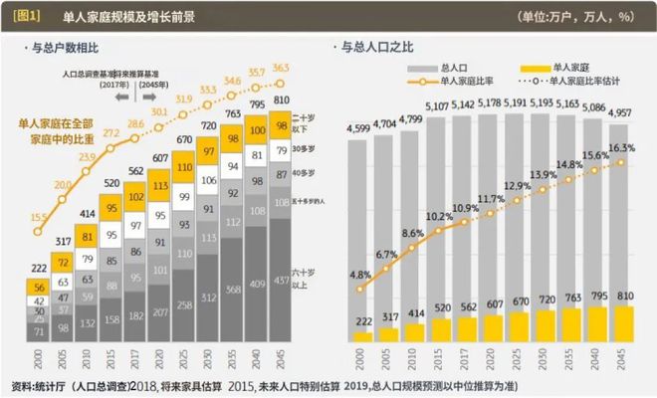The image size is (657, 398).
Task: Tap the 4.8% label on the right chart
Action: pos(361,276)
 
